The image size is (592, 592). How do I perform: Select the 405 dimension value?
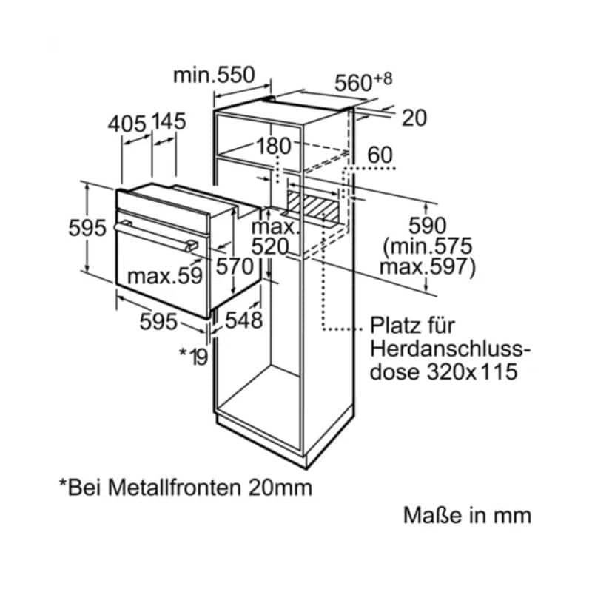coord(127,123)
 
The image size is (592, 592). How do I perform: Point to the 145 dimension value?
coord(169,123)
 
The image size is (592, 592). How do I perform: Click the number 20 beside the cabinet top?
coord(414,118)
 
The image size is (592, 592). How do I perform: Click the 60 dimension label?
coord(380,155)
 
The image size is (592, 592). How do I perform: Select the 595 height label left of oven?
coord(87,229)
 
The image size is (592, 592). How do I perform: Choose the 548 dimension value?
coord(243,320)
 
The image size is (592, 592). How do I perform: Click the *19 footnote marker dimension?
coord(193,355)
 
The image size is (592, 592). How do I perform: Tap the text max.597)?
coord(428,266)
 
